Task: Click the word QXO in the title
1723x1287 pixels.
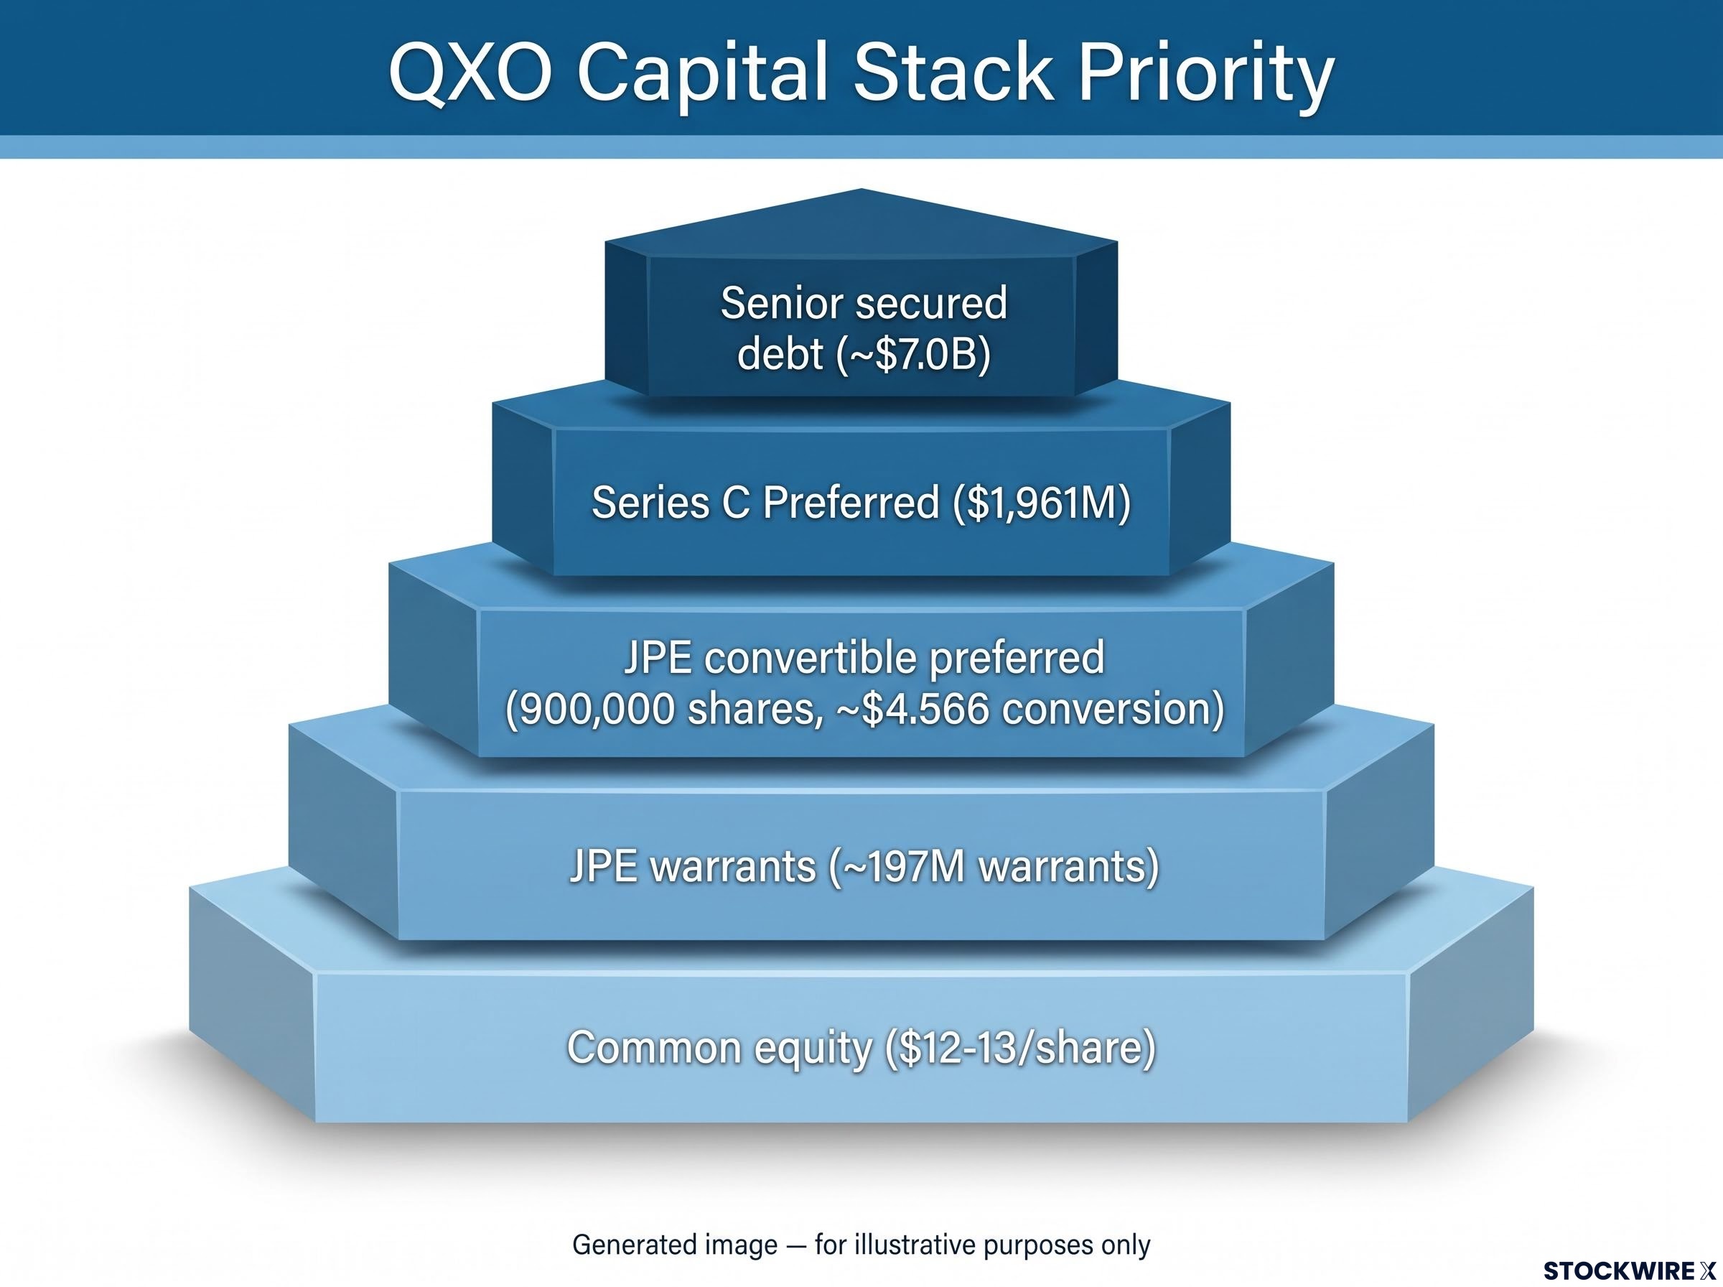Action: (470, 73)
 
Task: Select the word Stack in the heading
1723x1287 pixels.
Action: (952, 73)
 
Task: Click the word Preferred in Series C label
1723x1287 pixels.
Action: (851, 502)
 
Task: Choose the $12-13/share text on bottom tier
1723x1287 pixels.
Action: (1021, 1048)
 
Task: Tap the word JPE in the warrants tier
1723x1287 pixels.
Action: (601, 866)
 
